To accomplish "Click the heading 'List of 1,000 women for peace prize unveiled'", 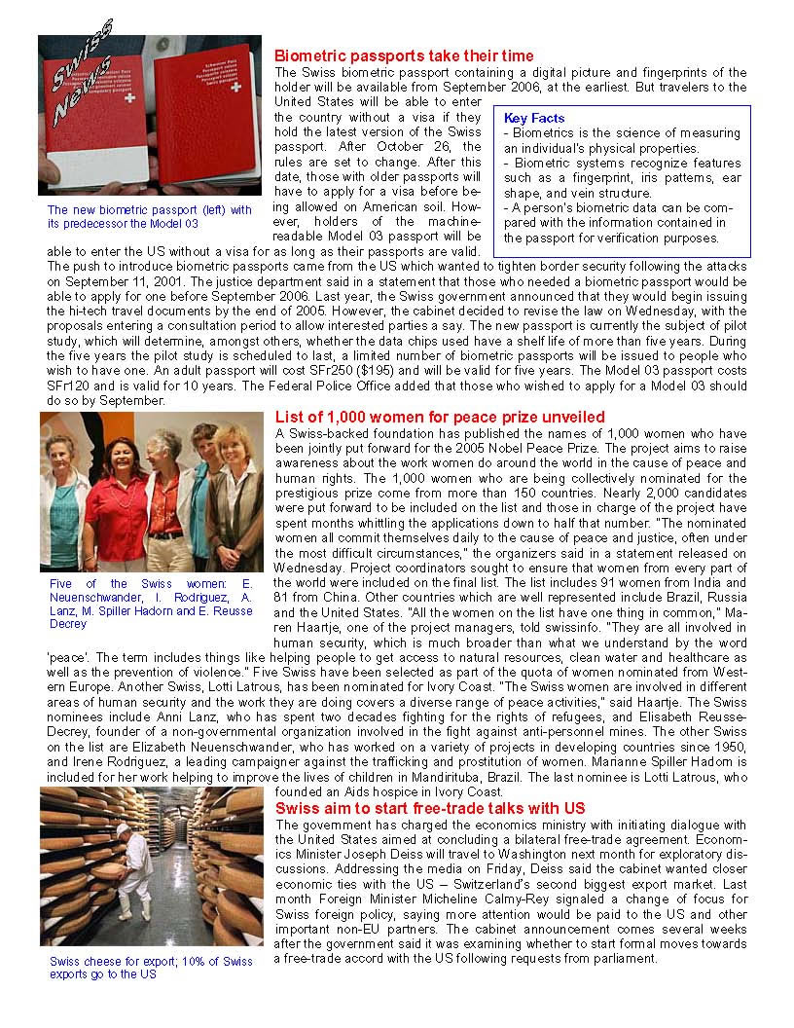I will tap(440, 418).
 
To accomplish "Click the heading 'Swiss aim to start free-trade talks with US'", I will tap(430, 809).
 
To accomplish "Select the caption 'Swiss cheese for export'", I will tap(151, 968).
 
